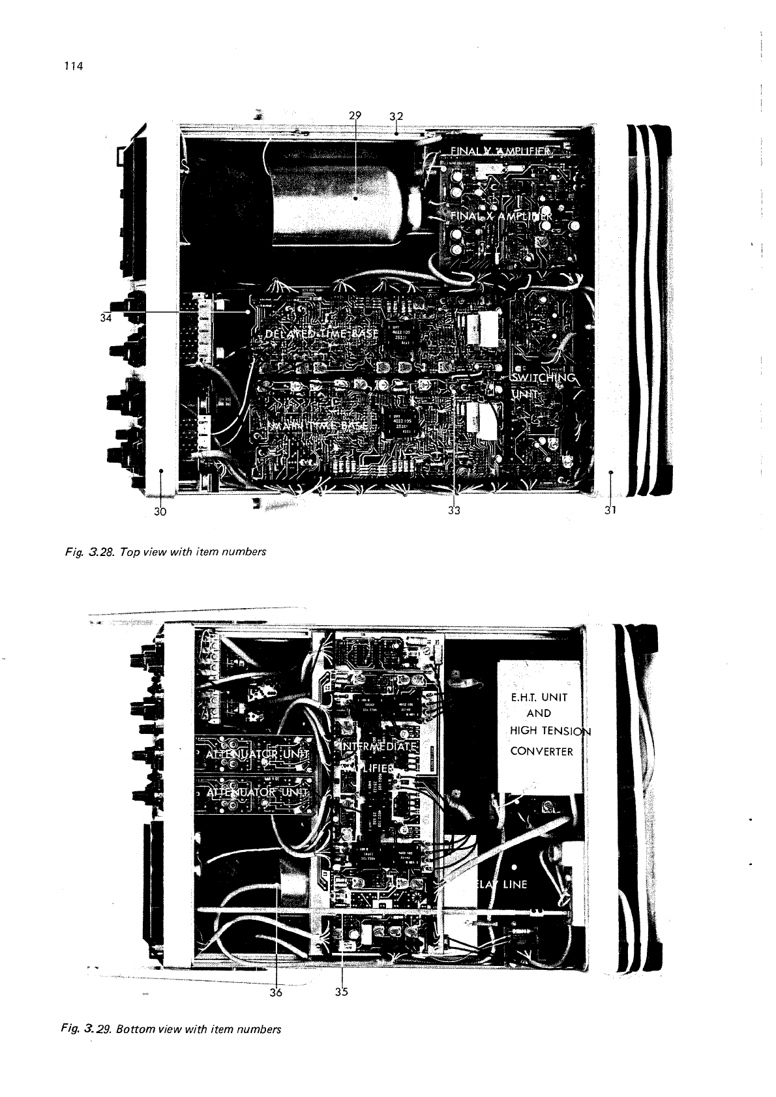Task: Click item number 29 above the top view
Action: (355, 115)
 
